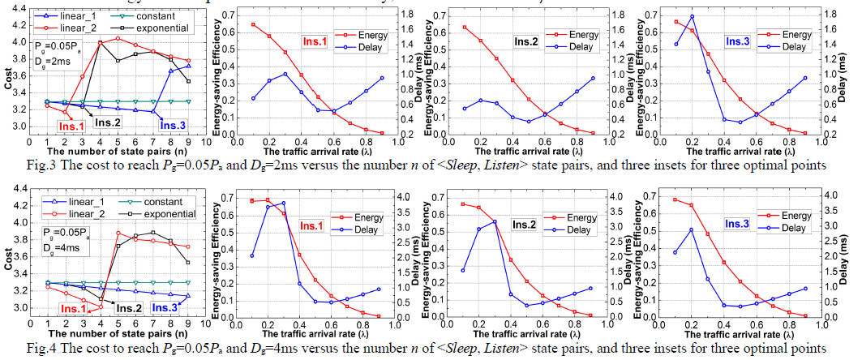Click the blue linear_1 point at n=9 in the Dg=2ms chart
188,66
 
